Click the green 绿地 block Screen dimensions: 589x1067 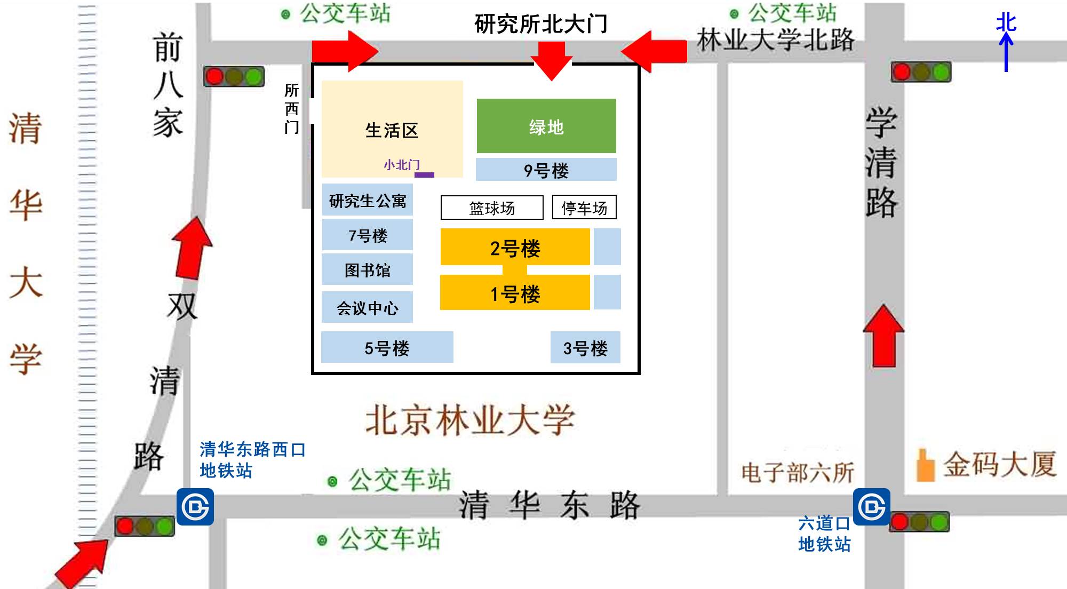click(546, 126)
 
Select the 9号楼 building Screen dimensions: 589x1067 click(546, 170)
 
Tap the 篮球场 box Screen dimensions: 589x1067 click(492, 208)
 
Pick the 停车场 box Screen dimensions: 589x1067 click(584, 208)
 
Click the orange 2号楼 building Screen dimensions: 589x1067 click(515, 247)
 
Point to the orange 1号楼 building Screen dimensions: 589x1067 click(515, 293)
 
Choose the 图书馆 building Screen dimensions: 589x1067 click(367, 269)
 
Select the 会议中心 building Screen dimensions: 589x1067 click(367, 307)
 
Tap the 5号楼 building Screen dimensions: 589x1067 click(387, 347)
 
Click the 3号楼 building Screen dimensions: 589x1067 click(585, 347)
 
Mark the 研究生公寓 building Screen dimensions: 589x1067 click(367, 200)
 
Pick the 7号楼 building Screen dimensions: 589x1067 click(367, 235)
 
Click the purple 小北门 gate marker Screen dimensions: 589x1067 click(424, 174)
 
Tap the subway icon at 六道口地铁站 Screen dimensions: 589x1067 click(871, 506)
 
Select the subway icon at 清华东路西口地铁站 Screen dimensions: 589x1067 click(195, 506)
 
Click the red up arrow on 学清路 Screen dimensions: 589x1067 click(883, 336)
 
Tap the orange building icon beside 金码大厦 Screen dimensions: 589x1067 click(925, 465)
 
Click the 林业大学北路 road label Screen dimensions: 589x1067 click(775, 39)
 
